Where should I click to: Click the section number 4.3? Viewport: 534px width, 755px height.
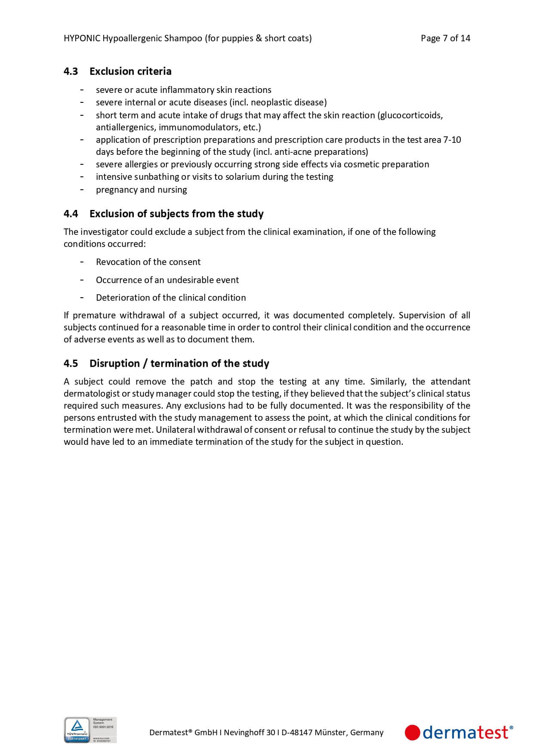71,71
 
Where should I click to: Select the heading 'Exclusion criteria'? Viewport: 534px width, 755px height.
130,71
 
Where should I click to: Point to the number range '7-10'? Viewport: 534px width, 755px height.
452,140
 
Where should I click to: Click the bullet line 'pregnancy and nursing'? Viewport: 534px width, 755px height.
141,190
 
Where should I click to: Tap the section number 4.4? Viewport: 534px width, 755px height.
71,214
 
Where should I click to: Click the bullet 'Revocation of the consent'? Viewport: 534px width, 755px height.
148,262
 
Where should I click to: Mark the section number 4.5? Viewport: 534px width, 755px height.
71,364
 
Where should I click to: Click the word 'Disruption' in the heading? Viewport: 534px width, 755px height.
114,364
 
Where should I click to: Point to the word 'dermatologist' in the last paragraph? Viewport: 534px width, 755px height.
92,394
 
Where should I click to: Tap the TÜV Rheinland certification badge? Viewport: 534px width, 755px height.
90,730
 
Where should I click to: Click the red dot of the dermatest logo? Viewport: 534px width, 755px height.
412,733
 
